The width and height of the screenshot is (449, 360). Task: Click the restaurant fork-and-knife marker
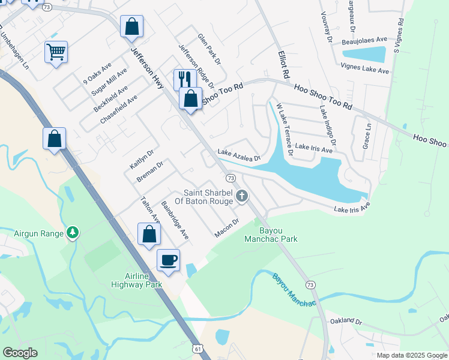(x=185, y=79)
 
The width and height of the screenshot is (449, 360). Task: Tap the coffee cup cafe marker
(x=168, y=260)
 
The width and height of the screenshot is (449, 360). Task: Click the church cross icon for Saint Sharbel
(x=241, y=196)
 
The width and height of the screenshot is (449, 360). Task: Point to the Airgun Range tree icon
(x=72, y=232)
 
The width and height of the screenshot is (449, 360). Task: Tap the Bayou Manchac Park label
(x=271, y=235)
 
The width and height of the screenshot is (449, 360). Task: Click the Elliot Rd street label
(x=283, y=64)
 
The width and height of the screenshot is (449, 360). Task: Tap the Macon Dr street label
(x=227, y=228)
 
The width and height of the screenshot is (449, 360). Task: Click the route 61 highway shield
(x=198, y=349)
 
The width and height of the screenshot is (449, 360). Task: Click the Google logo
(x=20, y=353)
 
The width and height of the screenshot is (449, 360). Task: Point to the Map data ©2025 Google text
(x=411, y=355)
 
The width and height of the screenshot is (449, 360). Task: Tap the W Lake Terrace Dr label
(x=284, y=129)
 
